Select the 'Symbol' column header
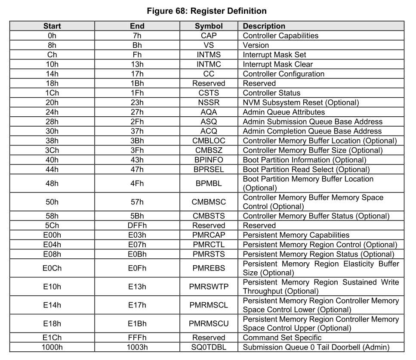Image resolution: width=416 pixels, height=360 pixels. [x=209, y=26]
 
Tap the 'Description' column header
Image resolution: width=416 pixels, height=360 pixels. [x=264, y=26]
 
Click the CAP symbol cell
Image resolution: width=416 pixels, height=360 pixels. [x=209, y=36]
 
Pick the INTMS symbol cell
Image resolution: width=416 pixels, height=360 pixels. [x=209, y=55]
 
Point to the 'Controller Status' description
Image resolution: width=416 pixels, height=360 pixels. [x=271, y=93]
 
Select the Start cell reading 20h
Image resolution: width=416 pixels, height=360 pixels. [x=52, y=102]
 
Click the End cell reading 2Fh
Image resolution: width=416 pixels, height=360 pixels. [x=137, y=121]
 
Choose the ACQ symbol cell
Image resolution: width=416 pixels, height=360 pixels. [x=209, y=131]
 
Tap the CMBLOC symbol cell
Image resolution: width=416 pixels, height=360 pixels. [x=209, y=141]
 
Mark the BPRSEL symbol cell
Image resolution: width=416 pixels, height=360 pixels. [x=209, y=169]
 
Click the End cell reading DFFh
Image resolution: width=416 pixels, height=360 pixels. [x=137, y=225]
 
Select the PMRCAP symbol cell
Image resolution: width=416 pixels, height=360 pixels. [x=209, y=235]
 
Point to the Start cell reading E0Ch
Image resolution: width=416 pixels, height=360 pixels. [x=52, y=268]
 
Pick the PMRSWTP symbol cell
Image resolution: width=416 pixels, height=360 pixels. [x=209, y=287]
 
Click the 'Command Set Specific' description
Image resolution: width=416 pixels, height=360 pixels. [x=282, y=338]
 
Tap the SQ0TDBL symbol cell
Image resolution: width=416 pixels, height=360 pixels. [x=209, y=347]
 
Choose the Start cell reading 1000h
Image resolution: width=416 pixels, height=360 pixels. [x=52, y=347]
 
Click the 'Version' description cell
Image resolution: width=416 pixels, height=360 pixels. [x=256, y=45]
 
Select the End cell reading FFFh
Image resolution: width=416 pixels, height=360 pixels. [x=137, y=338]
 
